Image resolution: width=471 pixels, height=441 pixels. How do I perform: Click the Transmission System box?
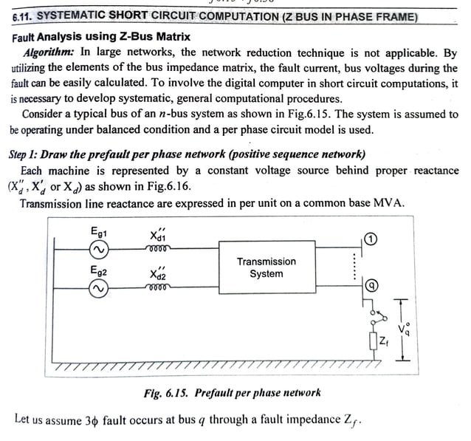point(266,267)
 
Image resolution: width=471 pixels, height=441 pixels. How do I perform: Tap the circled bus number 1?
point(371,239)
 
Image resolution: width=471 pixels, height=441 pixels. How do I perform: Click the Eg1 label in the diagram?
point(99,232)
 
